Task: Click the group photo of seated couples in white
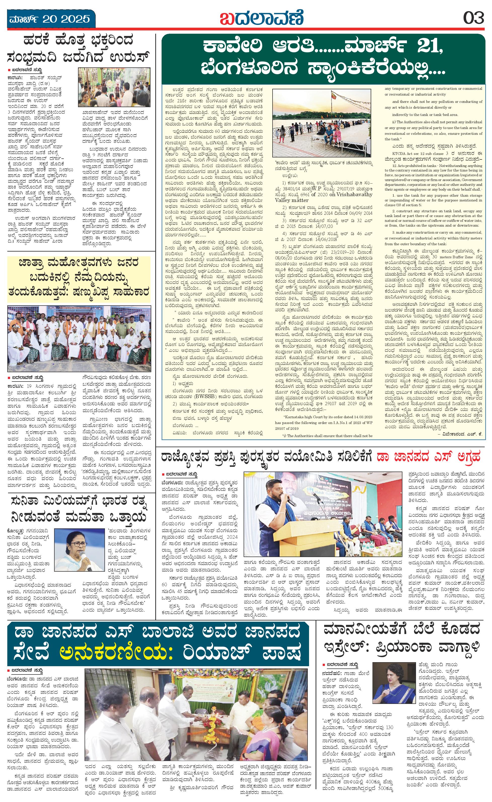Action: click(79, 339)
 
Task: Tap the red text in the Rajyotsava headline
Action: click(428, 457)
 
